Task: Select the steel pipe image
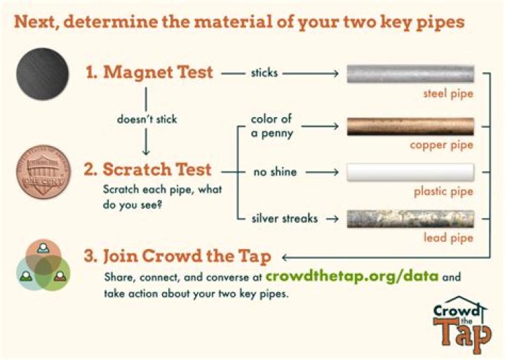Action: (x=410, y=73)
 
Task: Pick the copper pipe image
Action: (x=410, y=126)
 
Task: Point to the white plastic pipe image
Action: (x=410, y=171)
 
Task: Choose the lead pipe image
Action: (x=410, y=219)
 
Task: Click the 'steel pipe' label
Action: (x=448, y=93)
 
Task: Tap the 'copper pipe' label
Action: (x=442, y=145)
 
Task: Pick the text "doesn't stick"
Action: (x=147, y=119)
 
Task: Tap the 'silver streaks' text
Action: (x=284, y=218)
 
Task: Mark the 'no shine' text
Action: (x=274, y=171)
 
